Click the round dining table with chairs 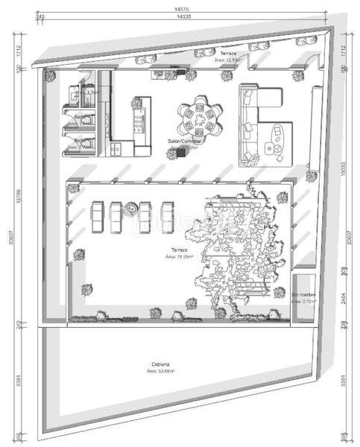tap(200, 117)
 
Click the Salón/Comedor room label tap(182, 142)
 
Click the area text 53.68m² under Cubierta tap(161, 370)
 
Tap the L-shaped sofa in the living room tap(257, 123)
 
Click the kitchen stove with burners tap(139, 117)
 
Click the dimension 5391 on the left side tap(22, 381)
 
